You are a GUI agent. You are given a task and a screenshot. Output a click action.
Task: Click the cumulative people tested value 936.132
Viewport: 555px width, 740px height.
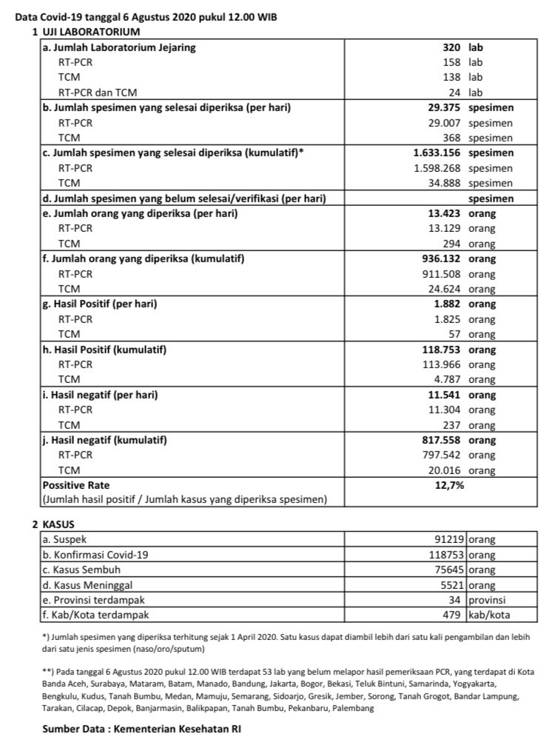(x=438, y=259)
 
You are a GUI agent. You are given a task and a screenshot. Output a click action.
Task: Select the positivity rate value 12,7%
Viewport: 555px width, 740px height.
(x=450, y=485)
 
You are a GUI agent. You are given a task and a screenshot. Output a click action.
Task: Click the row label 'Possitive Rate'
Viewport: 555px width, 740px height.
(x=77, y=485)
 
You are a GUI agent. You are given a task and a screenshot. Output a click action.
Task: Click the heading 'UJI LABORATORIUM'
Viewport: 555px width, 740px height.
(x=89, y=32)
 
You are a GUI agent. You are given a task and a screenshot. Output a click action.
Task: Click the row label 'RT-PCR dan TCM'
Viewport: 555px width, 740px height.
(x=98, y=92)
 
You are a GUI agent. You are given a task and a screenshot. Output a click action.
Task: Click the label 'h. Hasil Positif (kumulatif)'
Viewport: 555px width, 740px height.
(x=104, y=349)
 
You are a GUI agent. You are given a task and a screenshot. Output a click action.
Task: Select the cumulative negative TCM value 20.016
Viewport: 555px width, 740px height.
(x=443, y=470)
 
